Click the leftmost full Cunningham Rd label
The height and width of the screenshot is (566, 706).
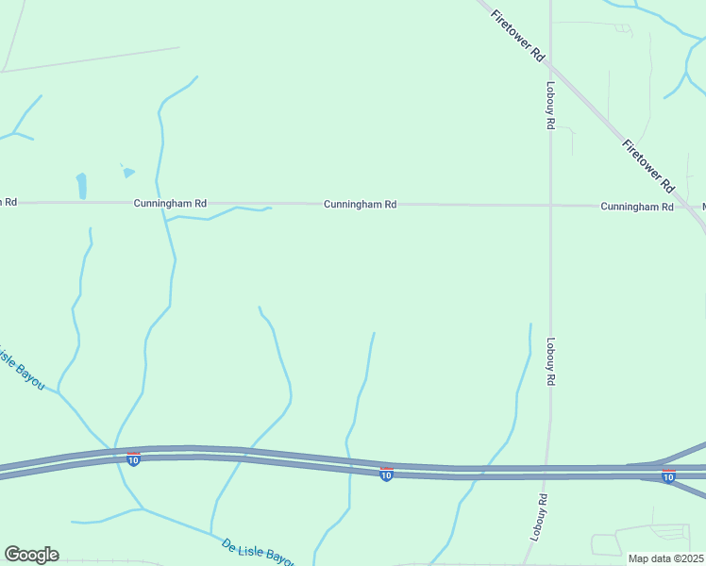(170, 203)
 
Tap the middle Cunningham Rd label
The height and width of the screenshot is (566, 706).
(360, 204)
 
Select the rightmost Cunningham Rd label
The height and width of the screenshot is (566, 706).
(637, 206)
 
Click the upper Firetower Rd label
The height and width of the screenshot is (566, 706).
(518, 35)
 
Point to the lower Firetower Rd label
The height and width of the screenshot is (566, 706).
(647, 166)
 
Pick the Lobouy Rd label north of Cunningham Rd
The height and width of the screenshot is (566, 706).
(549, 104)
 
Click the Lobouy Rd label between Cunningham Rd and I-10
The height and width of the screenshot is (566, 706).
(550, 362)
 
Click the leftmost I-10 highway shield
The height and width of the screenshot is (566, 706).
(133, 458)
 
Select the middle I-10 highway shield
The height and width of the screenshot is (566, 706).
(386, 474)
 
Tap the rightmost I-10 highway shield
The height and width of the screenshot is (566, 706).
(668, 476)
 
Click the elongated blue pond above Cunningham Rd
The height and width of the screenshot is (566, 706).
(81, 185)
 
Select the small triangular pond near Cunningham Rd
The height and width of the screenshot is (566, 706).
(128, 173)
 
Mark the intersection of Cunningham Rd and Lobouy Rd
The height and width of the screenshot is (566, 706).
(550, 205)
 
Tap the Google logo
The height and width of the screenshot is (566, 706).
(31, 555)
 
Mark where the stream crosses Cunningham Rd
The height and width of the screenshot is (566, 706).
(164, 203)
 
